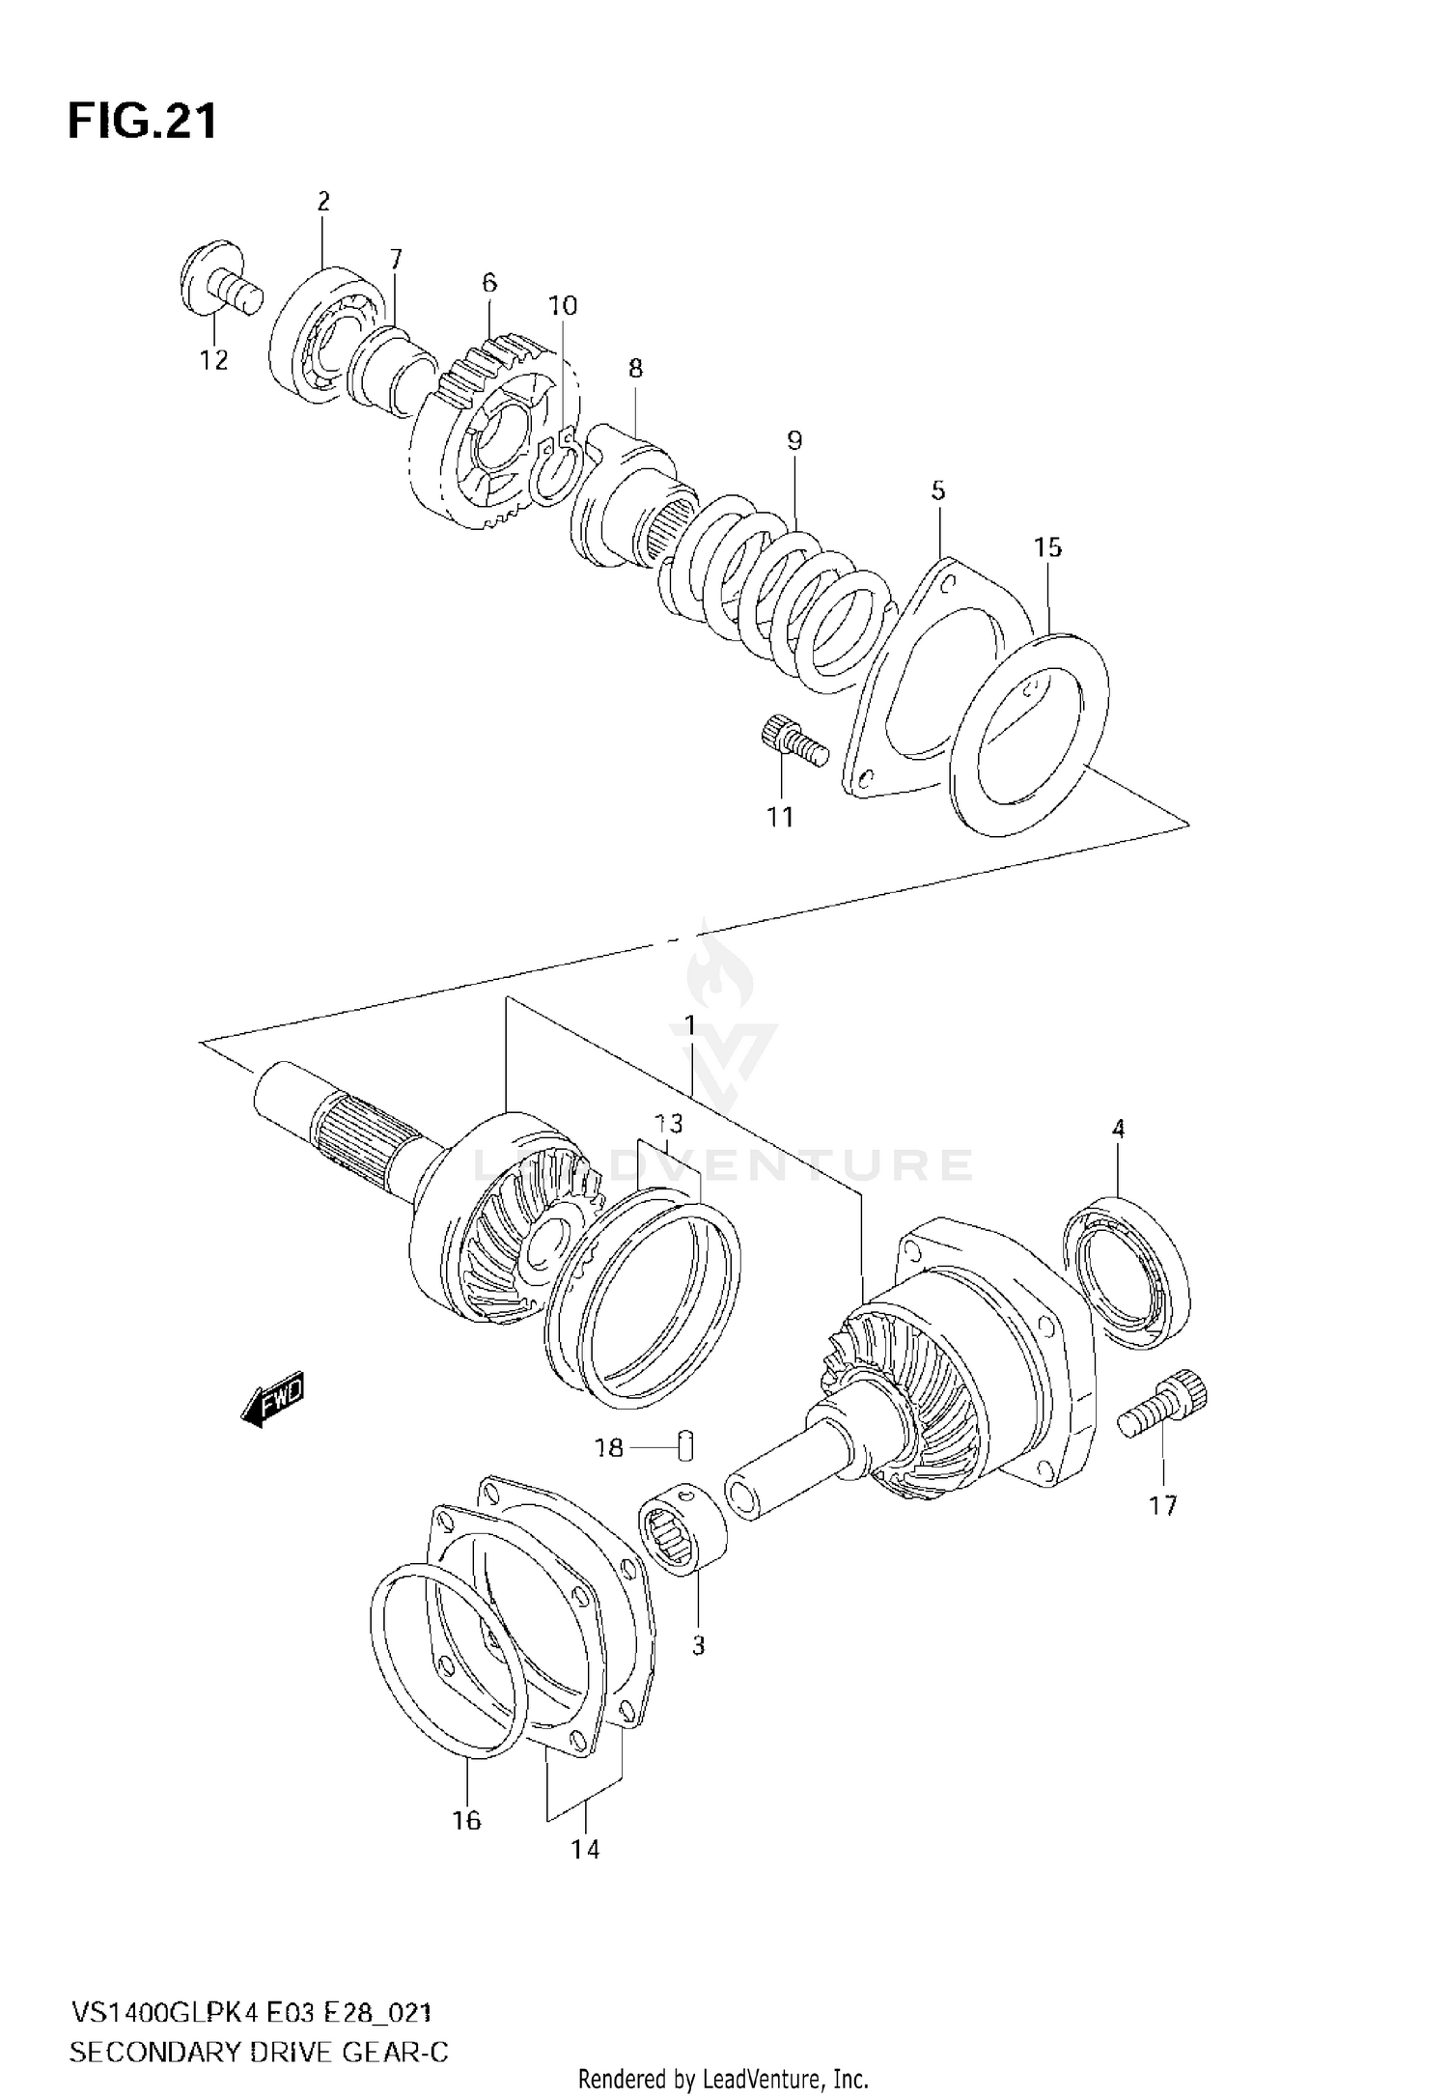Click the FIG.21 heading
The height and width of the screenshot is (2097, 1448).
142,123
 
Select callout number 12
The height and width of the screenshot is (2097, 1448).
213,360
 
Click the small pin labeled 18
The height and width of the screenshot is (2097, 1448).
686,1446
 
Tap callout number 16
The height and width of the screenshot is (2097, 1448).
466,1820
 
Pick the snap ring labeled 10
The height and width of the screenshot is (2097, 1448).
557,468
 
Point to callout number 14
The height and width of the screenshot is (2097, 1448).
585,1849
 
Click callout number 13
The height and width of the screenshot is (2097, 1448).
668,1123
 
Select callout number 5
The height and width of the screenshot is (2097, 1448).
938,490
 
